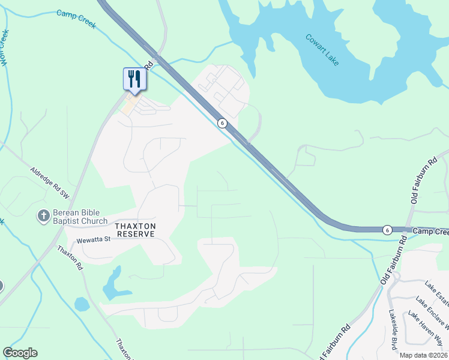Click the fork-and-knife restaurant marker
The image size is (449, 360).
click(133, 79)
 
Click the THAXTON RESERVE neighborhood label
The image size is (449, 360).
click(136, 230)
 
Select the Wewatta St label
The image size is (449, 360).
click(94, 240)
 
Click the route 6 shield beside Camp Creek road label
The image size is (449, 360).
click(388, 230)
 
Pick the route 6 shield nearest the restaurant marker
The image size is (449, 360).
click(222, 123)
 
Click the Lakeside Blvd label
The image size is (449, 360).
click(393, 329)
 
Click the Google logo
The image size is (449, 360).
click(20, 353)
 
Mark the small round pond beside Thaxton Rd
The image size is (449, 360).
click(82, 304)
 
